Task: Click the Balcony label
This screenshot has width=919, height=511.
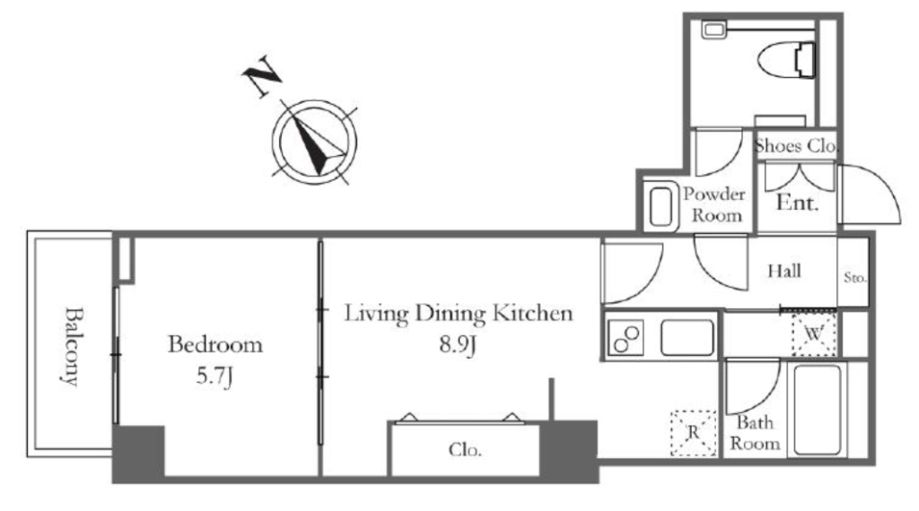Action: pos(72,345)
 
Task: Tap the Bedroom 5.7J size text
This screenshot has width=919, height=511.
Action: pos(214,376)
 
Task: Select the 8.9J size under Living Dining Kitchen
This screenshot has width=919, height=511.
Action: pos(458,344)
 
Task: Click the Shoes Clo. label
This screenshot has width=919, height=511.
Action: pos(796,145)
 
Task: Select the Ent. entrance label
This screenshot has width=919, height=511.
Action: pos(797,203)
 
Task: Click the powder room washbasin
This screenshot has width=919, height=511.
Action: pos(661,206)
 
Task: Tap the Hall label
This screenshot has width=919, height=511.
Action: pos(784,271)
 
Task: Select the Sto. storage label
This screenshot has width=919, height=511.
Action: pos(854,277)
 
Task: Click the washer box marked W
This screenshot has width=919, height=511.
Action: pos(813,334)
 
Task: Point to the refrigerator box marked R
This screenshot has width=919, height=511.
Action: pos(694,433)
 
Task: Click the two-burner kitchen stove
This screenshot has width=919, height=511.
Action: pos(626,338)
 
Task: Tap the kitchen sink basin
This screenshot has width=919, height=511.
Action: pos(687,337)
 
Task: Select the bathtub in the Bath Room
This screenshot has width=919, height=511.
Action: pos(818,409)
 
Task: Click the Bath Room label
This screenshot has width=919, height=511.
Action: pos(755,433)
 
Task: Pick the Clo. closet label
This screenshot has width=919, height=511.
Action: pos(465,449)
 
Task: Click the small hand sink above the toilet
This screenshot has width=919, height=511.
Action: pos(714,30)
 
